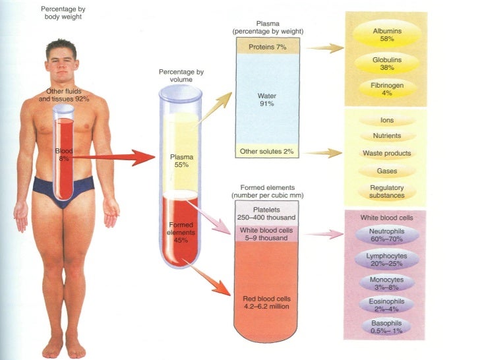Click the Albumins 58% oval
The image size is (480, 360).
pos(387,35)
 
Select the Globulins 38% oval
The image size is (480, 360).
pos(387,63)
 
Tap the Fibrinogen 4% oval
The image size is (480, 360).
pos(387,89)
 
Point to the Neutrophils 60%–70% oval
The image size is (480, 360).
pos(387,235)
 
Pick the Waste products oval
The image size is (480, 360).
pos(387,153)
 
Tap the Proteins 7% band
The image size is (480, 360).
pos(267,47)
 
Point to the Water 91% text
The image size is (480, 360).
pos(266,99)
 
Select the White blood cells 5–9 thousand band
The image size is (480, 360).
pos(266,233)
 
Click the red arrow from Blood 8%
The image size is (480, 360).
pos(112,157)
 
